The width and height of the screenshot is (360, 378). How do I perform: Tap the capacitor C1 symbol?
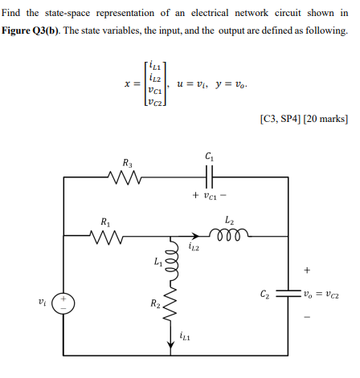tap(210, 177)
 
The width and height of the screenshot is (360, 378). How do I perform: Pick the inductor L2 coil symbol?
tap(230, 235)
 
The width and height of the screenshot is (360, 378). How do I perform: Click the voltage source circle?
tap(63, 307)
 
